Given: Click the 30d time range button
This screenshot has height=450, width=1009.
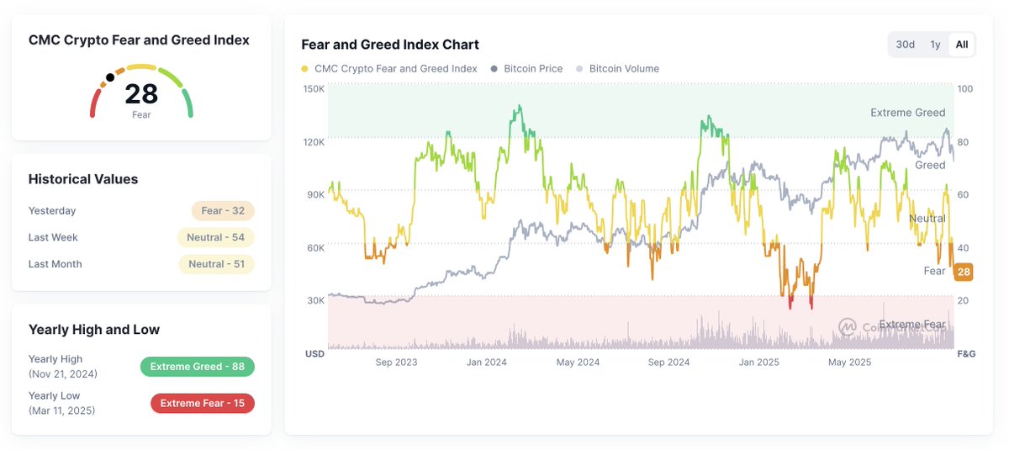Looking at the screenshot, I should point(906,45).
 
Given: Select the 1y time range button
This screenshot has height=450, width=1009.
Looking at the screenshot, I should point(935,45).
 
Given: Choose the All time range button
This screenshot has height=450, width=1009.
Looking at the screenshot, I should point(962,45).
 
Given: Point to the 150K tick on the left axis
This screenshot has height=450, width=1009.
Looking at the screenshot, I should point(314,88).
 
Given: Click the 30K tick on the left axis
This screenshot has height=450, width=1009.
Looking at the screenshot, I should point(315,301).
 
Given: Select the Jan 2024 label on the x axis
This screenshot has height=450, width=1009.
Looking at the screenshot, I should point(487,363).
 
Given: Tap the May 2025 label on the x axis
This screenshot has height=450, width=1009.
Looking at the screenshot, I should point(850,363).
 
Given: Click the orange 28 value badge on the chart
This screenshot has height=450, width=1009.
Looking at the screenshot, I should point(964,272).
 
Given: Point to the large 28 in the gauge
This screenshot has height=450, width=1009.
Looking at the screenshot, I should point(141,93).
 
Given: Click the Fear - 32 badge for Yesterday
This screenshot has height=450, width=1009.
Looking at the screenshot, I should point(223,211).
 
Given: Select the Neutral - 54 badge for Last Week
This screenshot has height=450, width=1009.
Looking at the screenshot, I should point(216,238).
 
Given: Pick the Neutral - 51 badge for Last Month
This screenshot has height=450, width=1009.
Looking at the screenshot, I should point(216,264).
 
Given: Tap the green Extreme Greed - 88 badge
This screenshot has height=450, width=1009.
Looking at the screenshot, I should point(197,367).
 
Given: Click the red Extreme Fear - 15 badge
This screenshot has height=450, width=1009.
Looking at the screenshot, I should point(202,404).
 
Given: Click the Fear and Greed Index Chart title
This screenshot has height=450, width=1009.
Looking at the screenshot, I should point(390,45).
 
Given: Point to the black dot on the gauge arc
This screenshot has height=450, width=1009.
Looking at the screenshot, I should point(110,77).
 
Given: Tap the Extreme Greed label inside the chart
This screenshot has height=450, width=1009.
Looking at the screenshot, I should point(907,113).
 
